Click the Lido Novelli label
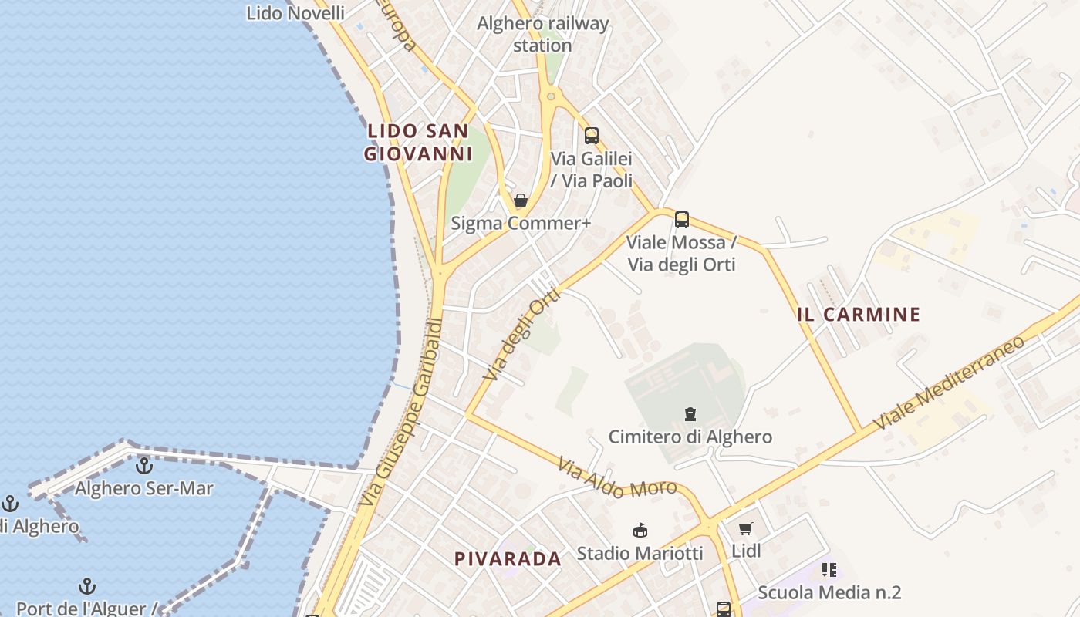click(295, 12)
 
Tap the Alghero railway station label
click(542, 34)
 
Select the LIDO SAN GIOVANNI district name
click(418, 143)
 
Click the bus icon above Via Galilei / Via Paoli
click(592, 136)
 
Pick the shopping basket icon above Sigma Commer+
click(521, 201)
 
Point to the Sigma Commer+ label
click(521, 224)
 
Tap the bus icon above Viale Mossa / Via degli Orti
click(682, 220)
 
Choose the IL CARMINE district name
click(859, 315)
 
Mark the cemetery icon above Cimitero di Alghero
click(690, 414)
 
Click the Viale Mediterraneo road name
click(948, 383)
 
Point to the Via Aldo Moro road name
click(616, 479)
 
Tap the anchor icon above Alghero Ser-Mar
click(143, 466)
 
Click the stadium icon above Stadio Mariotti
click(640, 531)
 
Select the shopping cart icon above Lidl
click(745, 529)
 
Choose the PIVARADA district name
click(508, 559)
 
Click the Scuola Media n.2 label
click(829, 592)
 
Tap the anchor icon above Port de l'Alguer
click(87, 587)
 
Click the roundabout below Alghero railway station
click(550, 96)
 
